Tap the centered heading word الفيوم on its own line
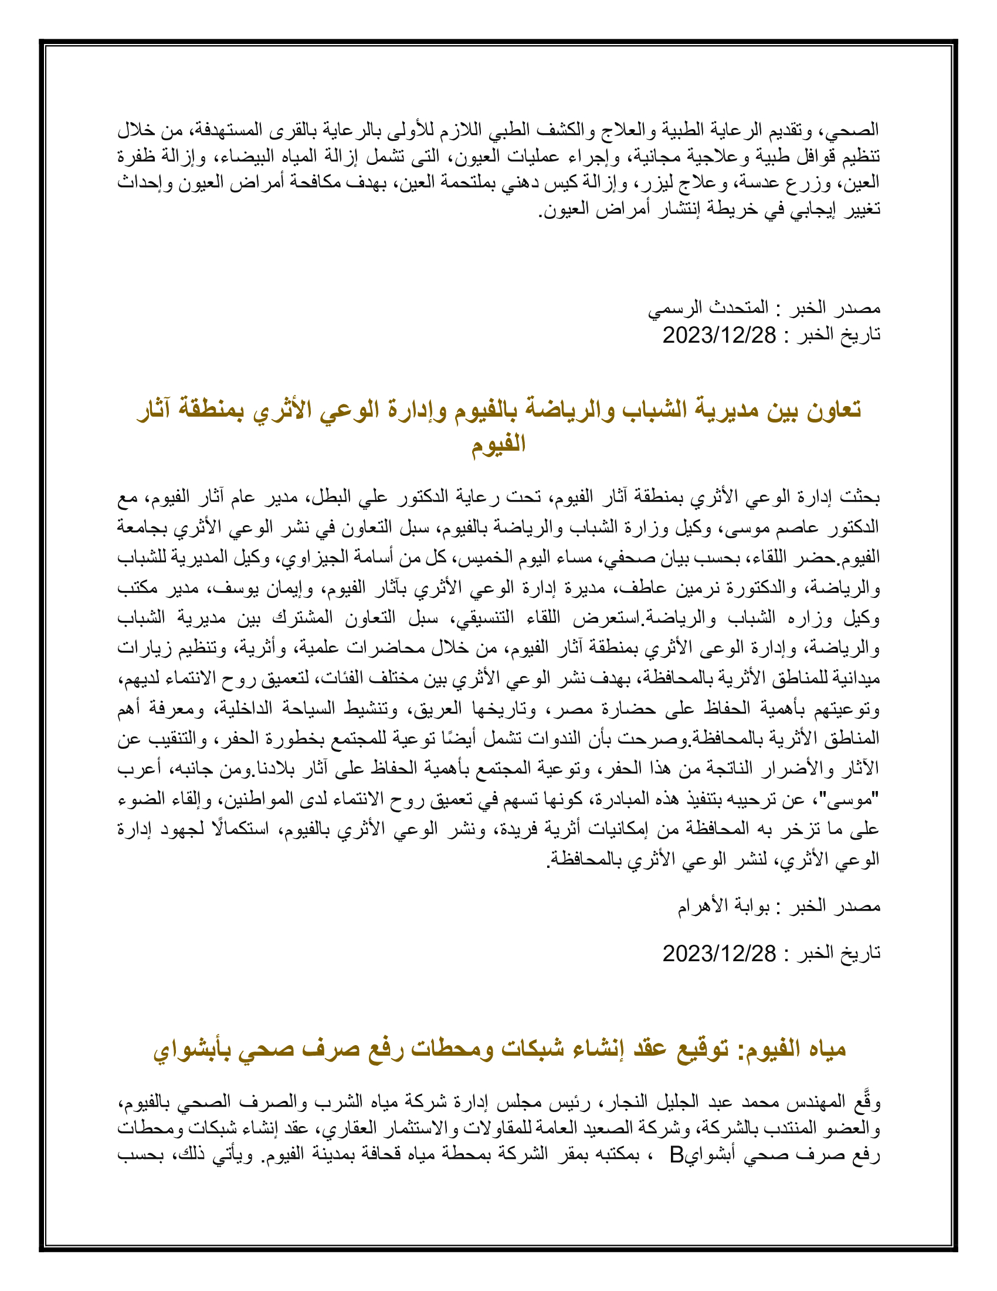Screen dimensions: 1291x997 (x=498, y=442)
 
